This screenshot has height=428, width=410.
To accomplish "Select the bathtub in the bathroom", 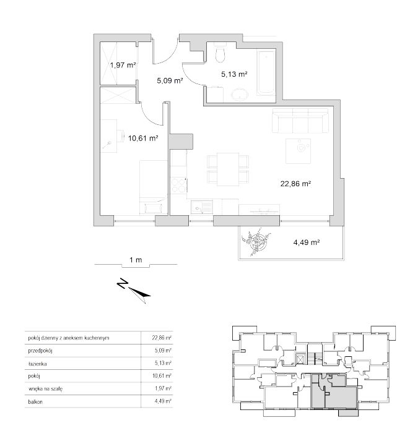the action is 266,73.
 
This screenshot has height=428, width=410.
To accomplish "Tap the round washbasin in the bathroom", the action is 240,95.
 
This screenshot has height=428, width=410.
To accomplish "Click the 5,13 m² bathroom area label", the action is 234,74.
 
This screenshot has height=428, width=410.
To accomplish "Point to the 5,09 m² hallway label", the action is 170,80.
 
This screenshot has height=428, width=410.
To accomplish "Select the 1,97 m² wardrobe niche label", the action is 123,65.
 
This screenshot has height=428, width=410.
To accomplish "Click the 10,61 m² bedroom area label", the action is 143,138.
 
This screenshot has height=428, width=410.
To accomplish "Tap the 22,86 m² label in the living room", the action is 296,184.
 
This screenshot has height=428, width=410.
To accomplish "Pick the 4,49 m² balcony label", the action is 307,242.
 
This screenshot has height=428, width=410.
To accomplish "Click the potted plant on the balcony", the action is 256,241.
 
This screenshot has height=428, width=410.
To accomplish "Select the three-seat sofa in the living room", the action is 300,121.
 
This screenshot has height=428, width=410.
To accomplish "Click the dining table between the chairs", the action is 228,169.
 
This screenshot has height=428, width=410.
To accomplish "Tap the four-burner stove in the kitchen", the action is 179,185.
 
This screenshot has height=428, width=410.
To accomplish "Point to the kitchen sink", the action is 202,207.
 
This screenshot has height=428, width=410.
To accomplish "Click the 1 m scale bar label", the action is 136,260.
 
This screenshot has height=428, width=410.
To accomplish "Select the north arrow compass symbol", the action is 134,290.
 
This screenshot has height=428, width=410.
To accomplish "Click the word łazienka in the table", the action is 38,364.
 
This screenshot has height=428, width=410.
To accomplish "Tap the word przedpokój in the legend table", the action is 40,351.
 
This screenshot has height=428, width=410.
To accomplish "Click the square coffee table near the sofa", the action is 298,151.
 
